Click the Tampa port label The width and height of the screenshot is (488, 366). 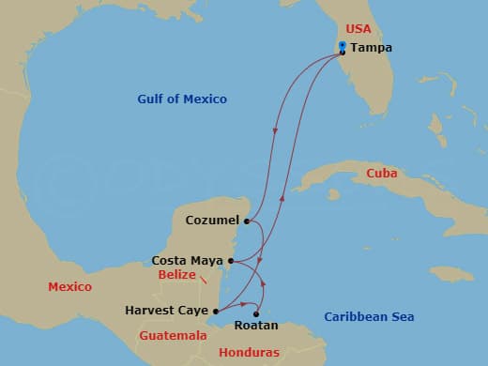pyautogui.click(x=372, y=49)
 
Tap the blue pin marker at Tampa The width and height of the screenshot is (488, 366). pyautogui.click(x=343, y=45)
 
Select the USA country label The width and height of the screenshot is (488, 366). pyautogui.click(x=360, y=29)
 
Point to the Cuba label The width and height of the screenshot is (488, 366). pyautogui.click(x=382, y=174)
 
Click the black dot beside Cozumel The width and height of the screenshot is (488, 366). pyautogui.click(x=246, y=221)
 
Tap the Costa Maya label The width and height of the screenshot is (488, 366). pyautogui.click(x=188, y=260)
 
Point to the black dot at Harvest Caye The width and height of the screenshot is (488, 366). pyautogui.click(x=216, y=311)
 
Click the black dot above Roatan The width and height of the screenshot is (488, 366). pyautogui.click(x=256, y=313)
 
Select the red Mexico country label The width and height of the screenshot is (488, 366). pyautogui.click(x=69, y=287)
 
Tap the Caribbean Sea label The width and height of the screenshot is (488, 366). pyautogui.click(x=369, y=317)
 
